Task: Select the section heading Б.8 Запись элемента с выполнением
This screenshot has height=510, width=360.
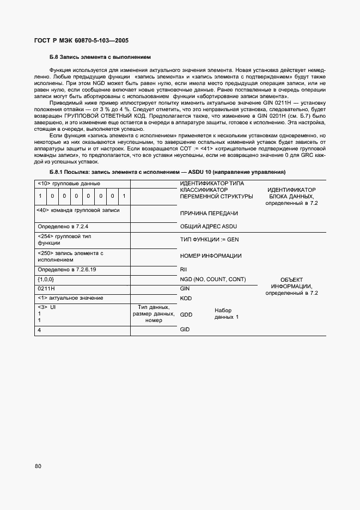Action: click(100, 57)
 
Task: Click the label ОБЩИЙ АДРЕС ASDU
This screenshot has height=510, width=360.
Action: click(209, 226)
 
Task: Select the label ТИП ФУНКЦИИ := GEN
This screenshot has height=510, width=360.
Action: click(209, 240)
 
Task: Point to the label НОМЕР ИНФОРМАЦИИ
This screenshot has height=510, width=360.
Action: click(211, 256)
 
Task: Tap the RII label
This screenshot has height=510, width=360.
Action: click(184, 269)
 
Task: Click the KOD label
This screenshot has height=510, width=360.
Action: click(186, 299)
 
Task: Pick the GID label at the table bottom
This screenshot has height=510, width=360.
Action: click(185, 330)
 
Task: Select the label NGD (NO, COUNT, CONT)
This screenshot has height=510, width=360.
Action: click(213, 279)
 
